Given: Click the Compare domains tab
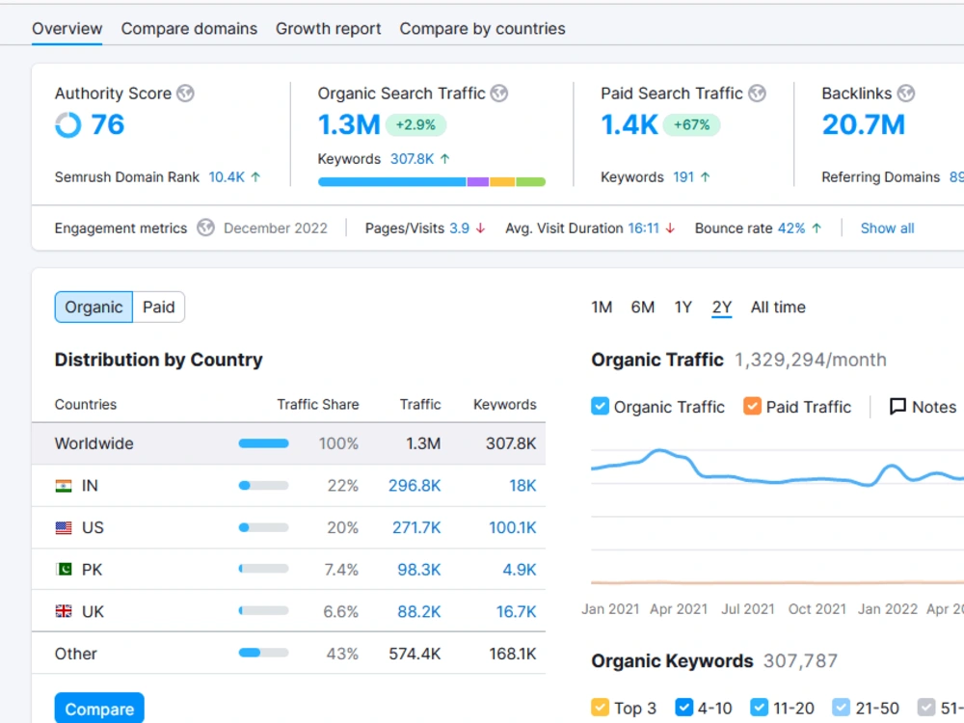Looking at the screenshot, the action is coord(189,29).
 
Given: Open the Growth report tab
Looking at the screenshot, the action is coord(329,29).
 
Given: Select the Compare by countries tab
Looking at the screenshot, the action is coord(483,29).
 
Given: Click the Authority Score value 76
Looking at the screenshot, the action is coord(108,124).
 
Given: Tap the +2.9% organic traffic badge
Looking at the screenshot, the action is coord(415,124).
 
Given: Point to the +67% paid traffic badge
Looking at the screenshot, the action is coord(691,124).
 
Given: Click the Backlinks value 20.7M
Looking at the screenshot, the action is coord(863,124).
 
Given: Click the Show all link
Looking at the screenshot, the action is coord(887,228).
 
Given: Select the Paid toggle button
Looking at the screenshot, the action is coord(159,307).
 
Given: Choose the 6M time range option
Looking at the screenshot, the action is coord(642,307).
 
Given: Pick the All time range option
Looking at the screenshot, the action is coord(778,307).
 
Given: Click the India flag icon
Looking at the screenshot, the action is coord(64,486).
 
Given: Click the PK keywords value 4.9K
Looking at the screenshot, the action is coord(519,570).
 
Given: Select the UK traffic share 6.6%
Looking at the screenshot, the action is coord(340,612).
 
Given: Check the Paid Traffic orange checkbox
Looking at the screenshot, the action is coord(752,407).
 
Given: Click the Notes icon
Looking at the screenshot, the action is coord(897,407).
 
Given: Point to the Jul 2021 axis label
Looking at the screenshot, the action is coord(748,608).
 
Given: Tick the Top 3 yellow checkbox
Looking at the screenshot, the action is coord(600,708).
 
